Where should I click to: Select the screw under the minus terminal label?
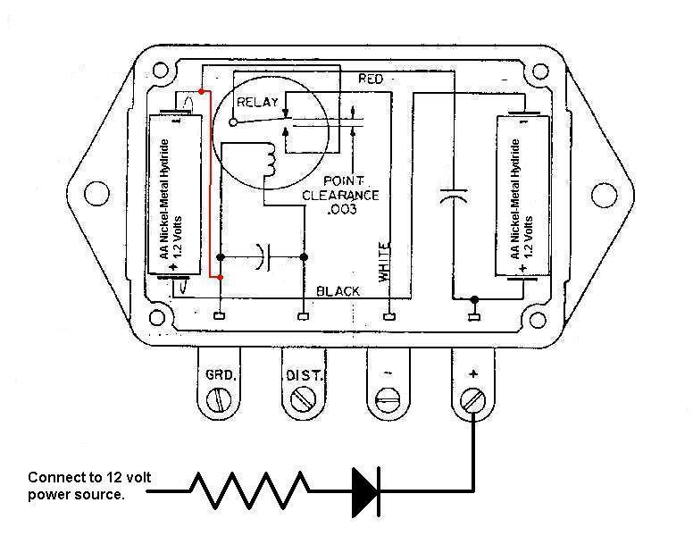[x=387, y=402]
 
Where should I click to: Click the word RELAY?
[x=257, y=103]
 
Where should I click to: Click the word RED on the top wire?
[x=370, y=80]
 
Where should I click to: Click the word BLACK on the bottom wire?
[x=338, y=291]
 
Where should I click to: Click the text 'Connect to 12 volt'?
[x=89, y=477]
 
